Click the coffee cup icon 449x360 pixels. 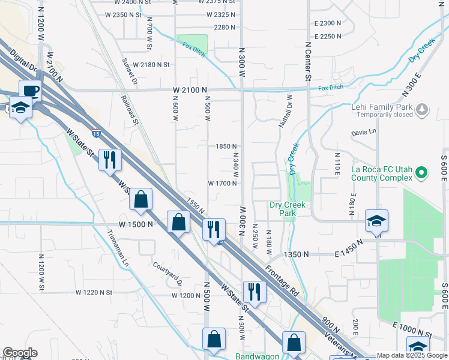30,91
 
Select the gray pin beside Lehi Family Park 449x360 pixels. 423,109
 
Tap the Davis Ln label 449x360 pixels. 364,131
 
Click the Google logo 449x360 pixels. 20,353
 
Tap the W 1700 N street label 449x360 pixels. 222,184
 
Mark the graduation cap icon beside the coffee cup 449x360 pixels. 21,108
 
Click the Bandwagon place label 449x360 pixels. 259,356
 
